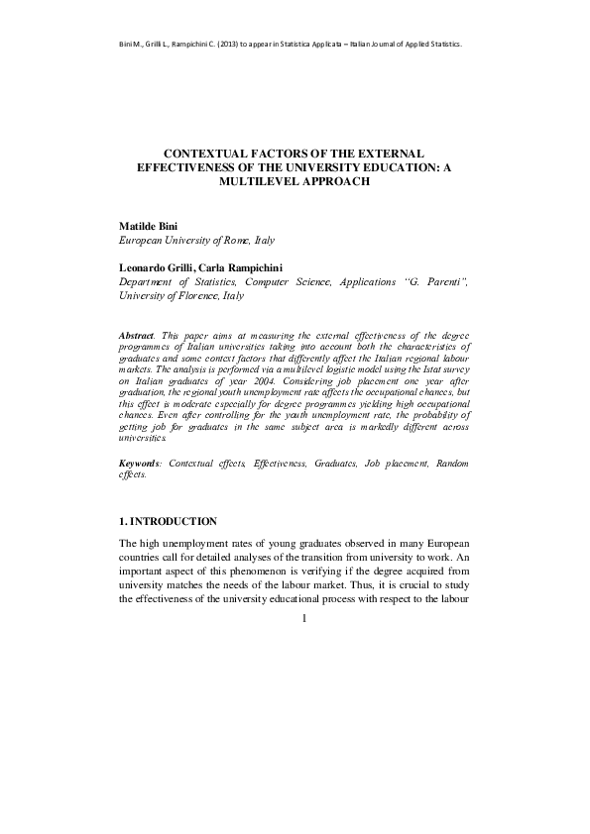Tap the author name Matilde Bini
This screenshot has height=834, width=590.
pos(149,226)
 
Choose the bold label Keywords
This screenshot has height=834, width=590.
pos(141,463)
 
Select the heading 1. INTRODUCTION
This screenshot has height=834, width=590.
pos(168,521)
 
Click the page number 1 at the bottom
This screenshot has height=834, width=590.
pos(304,619)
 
